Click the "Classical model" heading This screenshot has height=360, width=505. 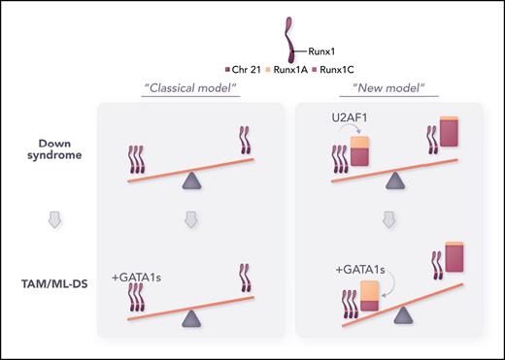[191, 88]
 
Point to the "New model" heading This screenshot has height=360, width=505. [395, 88]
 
